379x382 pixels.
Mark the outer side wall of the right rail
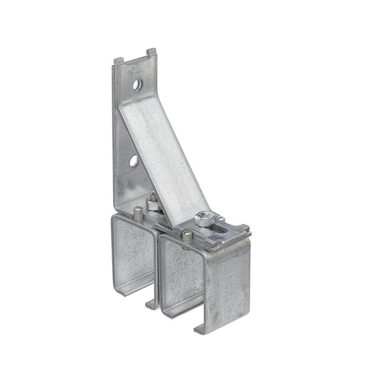coord(228,285)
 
